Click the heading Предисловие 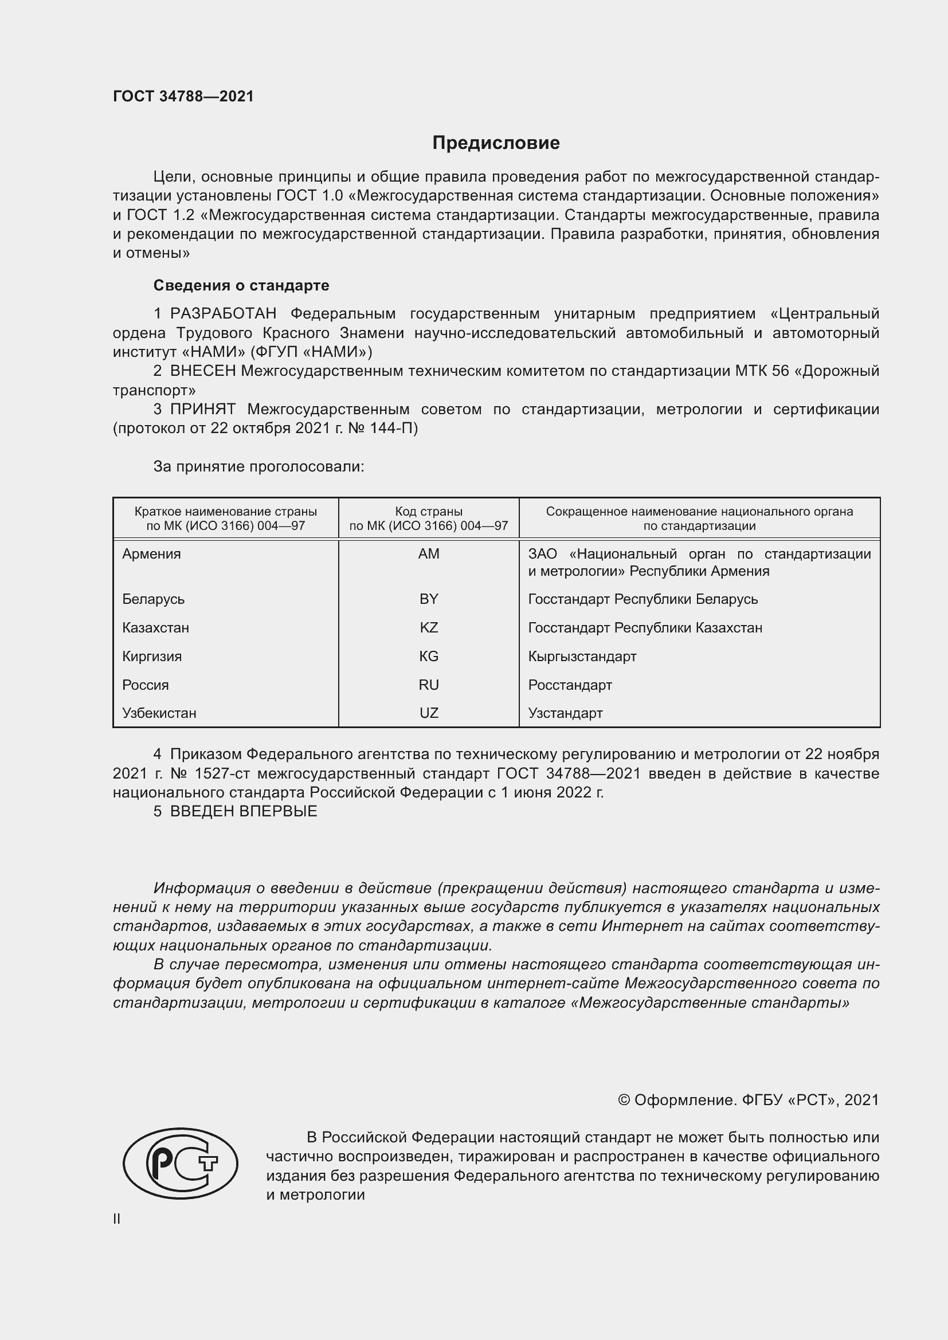tap(496, 143)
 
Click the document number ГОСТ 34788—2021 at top tap(183, 96)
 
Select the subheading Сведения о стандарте tap(241, 285)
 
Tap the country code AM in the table tap(429, 554)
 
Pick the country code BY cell tap(429, 599)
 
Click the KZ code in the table tap(429, 627)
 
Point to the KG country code tap(429, 656)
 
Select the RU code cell tap(429, 685)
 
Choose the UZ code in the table tap(429, 713)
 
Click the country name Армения tap(151, 554)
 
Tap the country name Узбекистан tap(159, 713)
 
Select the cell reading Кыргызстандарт tap(582, 656)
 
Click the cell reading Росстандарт tap(570, 685)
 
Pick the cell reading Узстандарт tap(565, 713)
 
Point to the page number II tap(117, 1219)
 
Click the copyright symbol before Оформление tap(624, 1100)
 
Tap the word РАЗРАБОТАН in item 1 tap(223, 313)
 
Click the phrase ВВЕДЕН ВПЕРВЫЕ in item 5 tap(244, 811)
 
